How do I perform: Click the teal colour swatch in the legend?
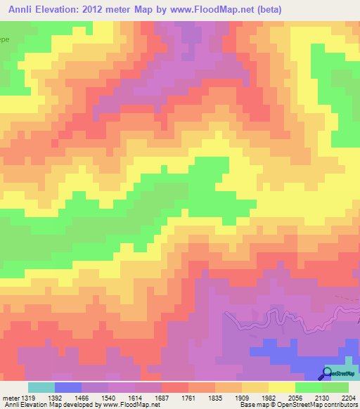coord(41,387)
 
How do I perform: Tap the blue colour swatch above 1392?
coord(67,387)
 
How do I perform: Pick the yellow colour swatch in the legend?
coord(281,387)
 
